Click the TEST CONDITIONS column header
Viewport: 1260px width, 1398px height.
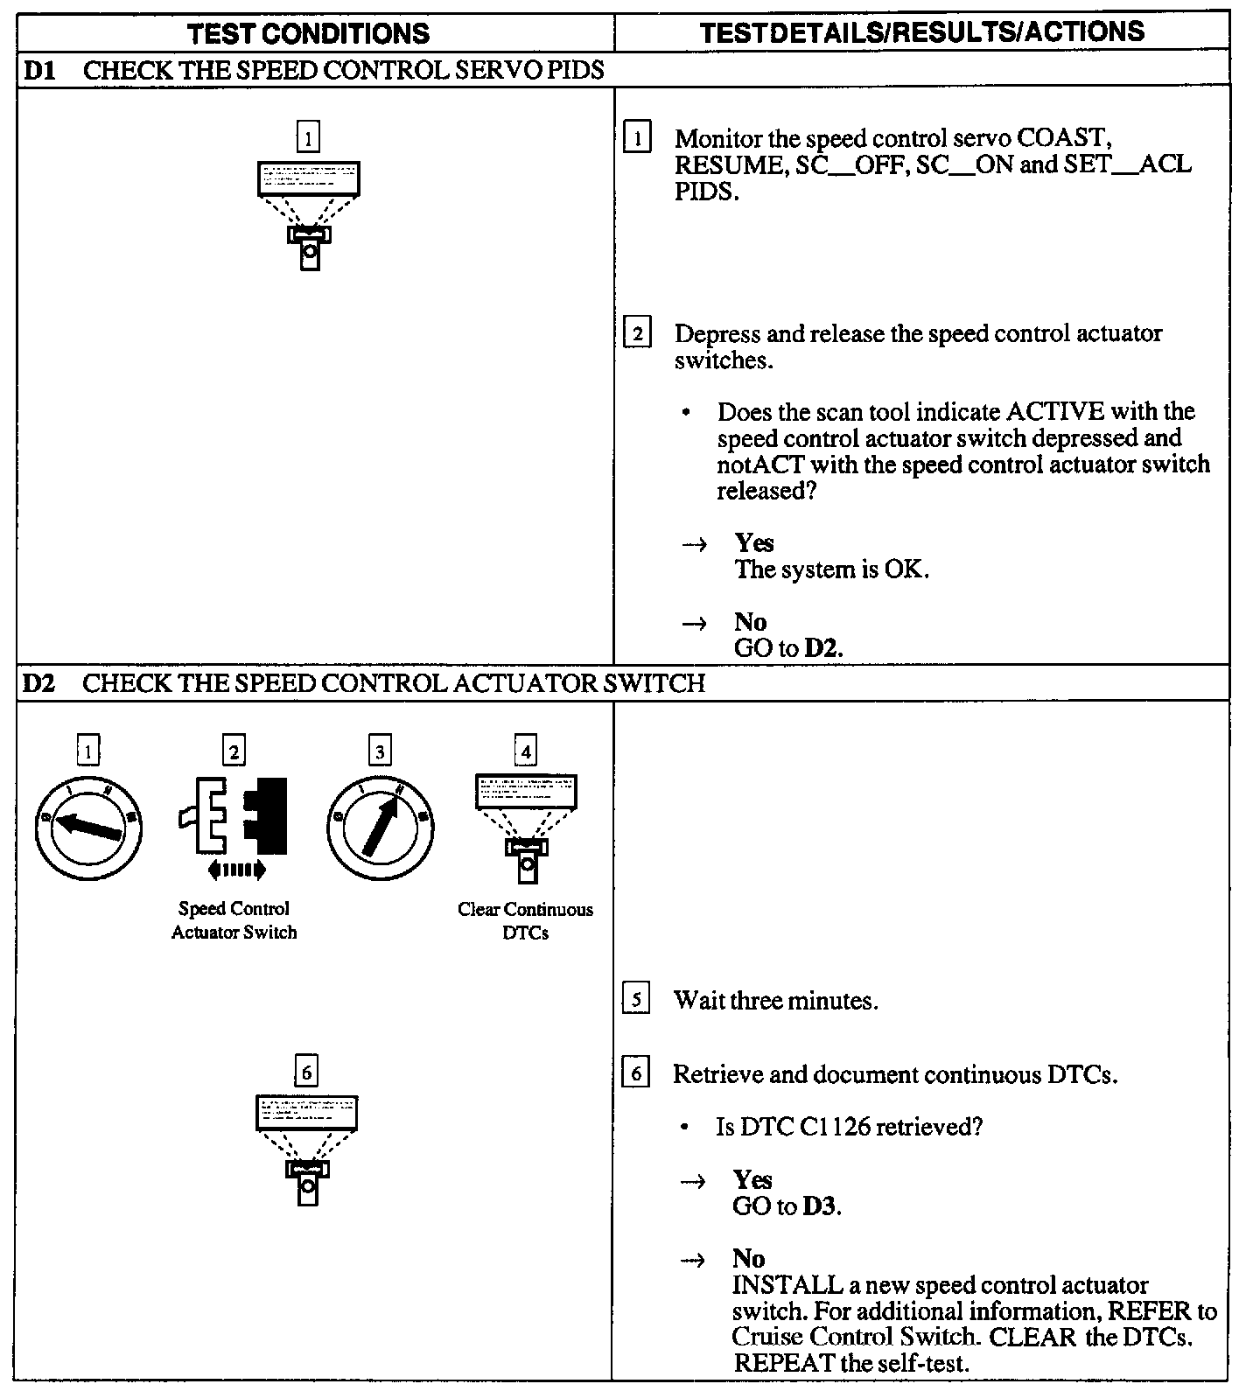tap(309, 33)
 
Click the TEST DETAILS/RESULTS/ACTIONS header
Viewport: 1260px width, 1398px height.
tap(922, 32)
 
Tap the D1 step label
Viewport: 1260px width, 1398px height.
tap(39, 70)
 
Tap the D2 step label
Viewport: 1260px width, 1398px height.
tap(39, 682)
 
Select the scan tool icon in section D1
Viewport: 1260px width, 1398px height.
tap(309, 214)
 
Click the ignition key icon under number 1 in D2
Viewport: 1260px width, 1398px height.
tap(88, 827)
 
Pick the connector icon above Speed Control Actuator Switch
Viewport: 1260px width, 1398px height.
tap(234, 815)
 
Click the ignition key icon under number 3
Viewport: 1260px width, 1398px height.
tap(380, 827)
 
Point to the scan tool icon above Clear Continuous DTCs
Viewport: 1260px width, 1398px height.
tap(526, 827)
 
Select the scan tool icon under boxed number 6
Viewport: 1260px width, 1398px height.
tap(306, 1149)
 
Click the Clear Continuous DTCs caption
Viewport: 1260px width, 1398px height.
tap(525, 921)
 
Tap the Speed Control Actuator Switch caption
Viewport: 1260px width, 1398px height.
tap(234, 920)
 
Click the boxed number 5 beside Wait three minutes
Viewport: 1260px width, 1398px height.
tap(636, 999)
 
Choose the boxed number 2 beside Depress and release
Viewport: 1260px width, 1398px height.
tap(637, 333)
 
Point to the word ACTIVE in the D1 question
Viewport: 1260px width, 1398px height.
tap(1055, 411)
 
